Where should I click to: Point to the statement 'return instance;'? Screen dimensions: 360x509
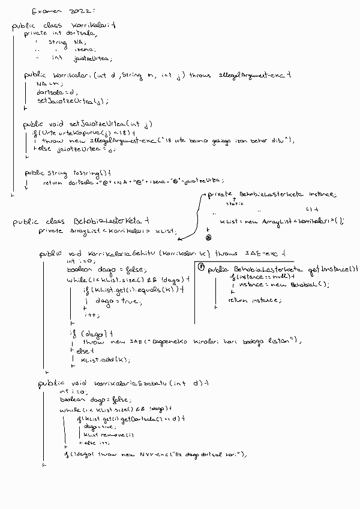[247, 299]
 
